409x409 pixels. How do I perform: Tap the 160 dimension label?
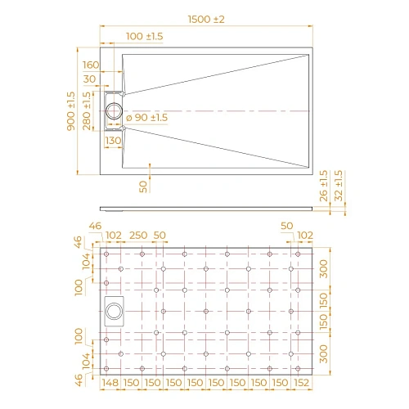pyautogui.click(x=91, y=65)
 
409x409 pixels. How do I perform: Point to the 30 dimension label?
pyautogui.click(x=90, y=79)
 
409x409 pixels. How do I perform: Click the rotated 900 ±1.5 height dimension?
pyautogui.click(x=72, y=110)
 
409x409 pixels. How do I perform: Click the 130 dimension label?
pyautogui.click(x=113, y=142)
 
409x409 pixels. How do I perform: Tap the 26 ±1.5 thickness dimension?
pyautogui.click(x=326, y=185)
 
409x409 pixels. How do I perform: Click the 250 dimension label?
pyautogui.click(x=137, y=236)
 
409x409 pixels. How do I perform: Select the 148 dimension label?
pyautogui.click(x=113, y=383)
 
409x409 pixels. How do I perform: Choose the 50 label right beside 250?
pyautogui.click(x=160, y=236)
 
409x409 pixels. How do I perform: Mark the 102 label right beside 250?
pyautogui.click(x=114, y=236)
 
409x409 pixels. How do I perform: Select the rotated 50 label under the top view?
pyautogui.click(x=144, y=187)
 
